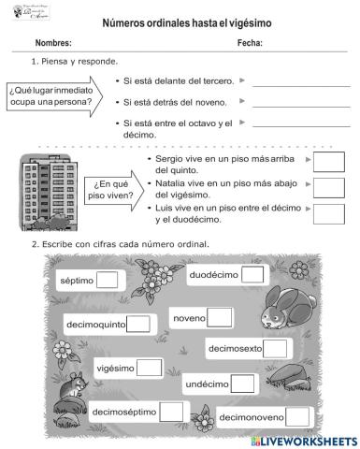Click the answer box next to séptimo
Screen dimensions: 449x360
(108, 280)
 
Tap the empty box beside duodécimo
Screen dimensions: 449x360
(252, 275)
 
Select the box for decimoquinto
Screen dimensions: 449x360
(138, 325)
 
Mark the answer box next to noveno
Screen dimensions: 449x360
(221, 318)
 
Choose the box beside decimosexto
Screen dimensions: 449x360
(275, 349)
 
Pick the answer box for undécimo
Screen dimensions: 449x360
(242, 383)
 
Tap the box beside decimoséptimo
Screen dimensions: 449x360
(171, 411)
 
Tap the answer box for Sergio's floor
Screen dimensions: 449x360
(329, 164)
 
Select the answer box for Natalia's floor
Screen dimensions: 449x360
(329, 188)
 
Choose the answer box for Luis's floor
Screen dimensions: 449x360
(329, 213)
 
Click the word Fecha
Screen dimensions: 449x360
(250, 43)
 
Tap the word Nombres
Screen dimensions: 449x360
(53, 43)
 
